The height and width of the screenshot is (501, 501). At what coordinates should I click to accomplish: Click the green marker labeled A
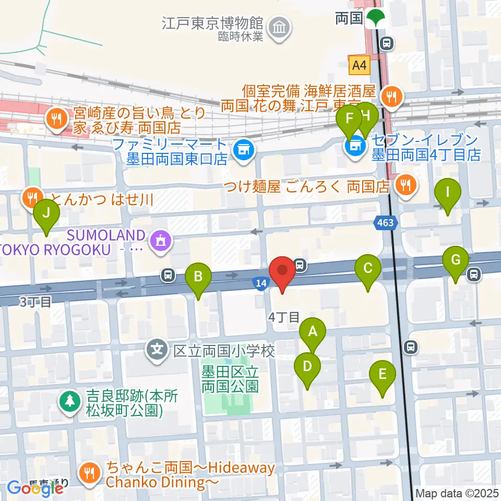tap(313, 332)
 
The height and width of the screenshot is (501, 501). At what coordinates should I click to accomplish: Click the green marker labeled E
tap(382, 375)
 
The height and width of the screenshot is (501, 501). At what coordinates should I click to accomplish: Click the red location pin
tap(282, 272)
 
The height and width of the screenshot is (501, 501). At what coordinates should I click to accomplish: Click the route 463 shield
tap(386, 223)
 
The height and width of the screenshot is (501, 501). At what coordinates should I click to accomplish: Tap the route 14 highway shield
tap(261, 283)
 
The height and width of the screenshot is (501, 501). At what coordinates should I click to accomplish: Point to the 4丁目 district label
tap(284, 317)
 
